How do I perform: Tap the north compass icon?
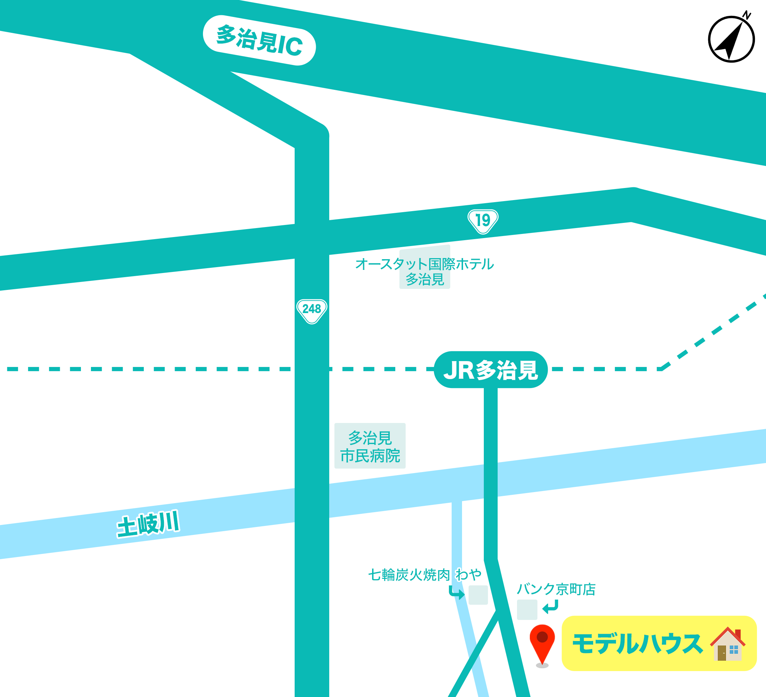pos(731,39)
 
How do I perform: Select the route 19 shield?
pos(482,221)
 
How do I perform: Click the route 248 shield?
pos(312,310)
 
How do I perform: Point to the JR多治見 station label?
pos(490,370)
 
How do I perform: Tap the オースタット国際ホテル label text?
pos(424,265)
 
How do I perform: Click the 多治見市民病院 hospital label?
pos(370,447)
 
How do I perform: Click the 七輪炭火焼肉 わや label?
pos(424,575)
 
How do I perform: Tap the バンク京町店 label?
pos(556,589)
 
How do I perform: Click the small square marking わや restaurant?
pos(478,595)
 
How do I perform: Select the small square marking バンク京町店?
pos(527,609)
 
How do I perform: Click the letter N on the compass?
pos(747,15)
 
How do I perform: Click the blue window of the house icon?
pos(734,650)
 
